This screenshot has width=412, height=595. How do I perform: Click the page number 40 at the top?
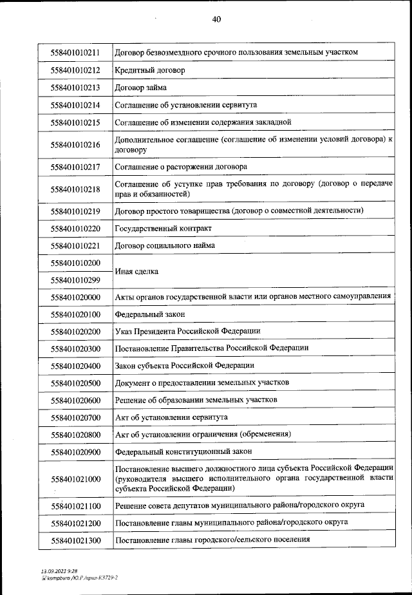216,19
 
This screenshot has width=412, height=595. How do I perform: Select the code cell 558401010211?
75,52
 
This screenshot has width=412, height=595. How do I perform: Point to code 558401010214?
75,104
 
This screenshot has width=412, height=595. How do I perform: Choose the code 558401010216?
75,145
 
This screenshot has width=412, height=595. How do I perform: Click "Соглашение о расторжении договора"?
181,167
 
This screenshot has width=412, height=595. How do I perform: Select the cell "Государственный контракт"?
163,229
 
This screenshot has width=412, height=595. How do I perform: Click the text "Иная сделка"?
136,272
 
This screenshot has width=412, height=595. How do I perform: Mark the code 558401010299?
75,281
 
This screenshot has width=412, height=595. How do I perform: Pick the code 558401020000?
75,297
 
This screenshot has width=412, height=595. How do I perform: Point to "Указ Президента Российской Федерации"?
187,331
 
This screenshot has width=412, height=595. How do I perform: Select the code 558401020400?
75,366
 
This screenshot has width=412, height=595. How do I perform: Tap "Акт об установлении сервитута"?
171,417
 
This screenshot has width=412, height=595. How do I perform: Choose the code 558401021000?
75,479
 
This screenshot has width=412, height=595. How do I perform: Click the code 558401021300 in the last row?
75,540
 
